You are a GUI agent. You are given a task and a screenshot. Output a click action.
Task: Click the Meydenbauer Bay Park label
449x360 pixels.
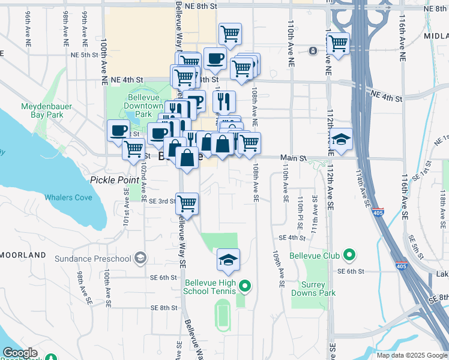[47, 111]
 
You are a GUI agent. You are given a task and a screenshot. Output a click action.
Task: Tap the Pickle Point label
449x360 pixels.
[113, 180]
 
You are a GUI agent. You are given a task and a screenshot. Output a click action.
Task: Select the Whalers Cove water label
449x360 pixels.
[68, 197]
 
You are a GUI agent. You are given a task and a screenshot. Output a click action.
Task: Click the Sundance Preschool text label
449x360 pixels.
[92, 259]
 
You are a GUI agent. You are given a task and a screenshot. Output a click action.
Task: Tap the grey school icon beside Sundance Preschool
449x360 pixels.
[140, 258]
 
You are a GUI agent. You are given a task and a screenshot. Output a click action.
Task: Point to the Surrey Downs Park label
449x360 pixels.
[313, 289]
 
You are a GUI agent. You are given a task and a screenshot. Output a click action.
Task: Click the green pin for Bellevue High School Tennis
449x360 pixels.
[244, 286]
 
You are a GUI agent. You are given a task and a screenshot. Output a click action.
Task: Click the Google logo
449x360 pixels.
[20, 353]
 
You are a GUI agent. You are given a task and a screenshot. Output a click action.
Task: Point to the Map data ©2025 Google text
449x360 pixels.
[412, 355]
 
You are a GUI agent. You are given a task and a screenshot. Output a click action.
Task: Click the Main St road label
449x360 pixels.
[295, 158]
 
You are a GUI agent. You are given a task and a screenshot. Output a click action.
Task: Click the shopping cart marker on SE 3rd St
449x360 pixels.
[187, 203]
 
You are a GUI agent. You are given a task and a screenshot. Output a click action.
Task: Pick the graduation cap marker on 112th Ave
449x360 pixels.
[341, 140]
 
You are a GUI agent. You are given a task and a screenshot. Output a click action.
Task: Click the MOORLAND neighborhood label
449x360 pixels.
[23, 255]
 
